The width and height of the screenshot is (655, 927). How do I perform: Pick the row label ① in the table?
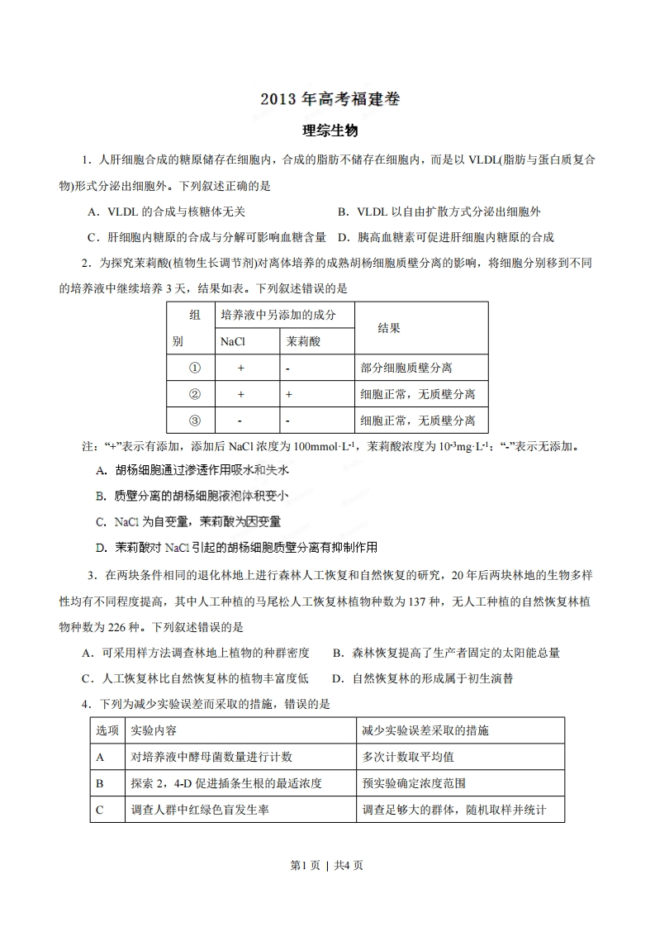[195, 368]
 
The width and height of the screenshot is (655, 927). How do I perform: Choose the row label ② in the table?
[195, 394]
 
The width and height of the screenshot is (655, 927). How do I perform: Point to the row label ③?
[195, 420]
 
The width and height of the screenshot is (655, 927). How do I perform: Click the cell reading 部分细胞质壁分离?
[406, 368]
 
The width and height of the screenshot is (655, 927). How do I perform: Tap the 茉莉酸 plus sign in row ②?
[289, 394]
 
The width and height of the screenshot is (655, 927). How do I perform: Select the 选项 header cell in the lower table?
[107, 731]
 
